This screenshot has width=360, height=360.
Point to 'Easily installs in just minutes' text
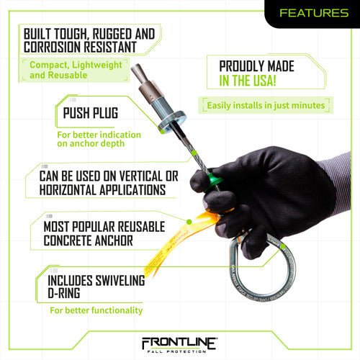click(266, 105)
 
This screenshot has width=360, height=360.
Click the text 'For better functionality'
click(96, 310)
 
